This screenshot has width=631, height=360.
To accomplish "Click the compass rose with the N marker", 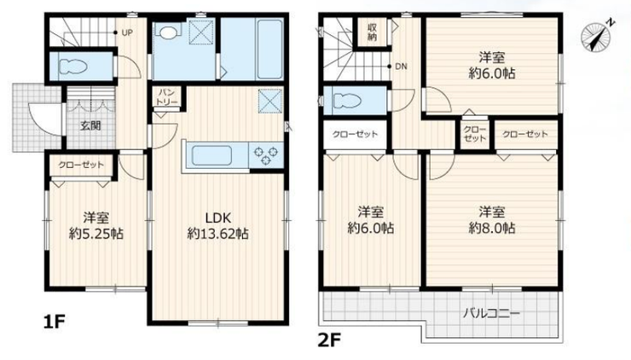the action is pyautogui.click(x=596, y=37).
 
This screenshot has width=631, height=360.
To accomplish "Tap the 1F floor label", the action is pyautogui.click(x=55, y=322).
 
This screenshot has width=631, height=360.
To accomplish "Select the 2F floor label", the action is pyautogui.click(x=329, y=340).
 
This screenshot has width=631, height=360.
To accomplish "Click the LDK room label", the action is pyautogui.click(x=218, y=218).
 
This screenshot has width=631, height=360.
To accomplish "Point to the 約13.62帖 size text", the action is pyautogui.click(x=217, y=234).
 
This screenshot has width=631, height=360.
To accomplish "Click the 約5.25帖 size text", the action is pyautogui.click(x=96, y=234).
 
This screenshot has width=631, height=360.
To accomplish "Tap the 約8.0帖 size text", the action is pyautogui.click(x=492, y=229).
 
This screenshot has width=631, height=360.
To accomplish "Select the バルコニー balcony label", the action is pyautogui.click(x=491, y=313).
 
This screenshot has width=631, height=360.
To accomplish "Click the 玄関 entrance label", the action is pyautogui.click(x=90, y=125).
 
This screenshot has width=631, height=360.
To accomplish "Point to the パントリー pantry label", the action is pyautogui.click(x=166, y=97).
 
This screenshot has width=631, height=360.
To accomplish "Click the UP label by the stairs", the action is pyautogui.click(x=127, y=33).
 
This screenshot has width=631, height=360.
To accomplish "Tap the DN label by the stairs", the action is pyautogui.click(x=402, y=67).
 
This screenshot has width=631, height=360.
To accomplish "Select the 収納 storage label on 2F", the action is pyautogui.click(x=372, y=32).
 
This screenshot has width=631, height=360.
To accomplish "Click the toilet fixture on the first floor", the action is pyautogui.click(x=72, y=67).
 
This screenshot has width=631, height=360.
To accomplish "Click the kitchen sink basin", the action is pyautogui.click(x=211, y=155).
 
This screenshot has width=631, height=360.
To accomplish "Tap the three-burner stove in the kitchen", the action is pyautogui.click(x=265, y=156).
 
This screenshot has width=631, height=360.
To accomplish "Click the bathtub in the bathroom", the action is pyautogui.click(x=269, y=49).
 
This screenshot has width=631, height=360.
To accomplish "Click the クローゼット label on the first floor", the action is pyautogui.click(x=81, y=165).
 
